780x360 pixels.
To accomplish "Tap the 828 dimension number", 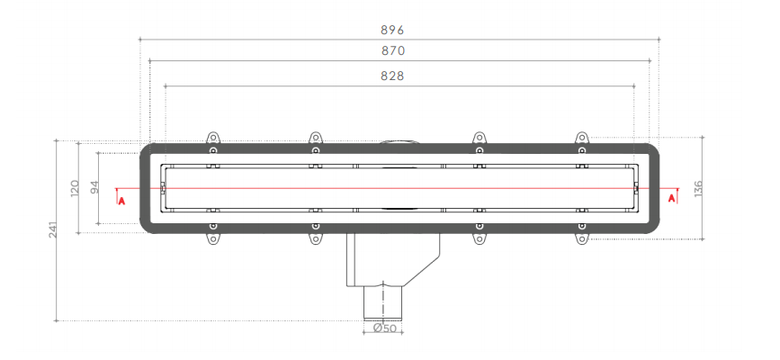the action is [x=391, y=76].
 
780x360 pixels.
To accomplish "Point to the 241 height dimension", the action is [x=54, y=231].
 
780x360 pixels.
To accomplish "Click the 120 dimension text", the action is [x=75, y=187].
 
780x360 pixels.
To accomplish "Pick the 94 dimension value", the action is [x=94, y=187].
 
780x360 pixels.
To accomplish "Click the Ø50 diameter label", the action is [x=385, y=328].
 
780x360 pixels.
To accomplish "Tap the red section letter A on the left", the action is [x=121, y=200].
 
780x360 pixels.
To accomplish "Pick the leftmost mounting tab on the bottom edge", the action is [x=213, y=238].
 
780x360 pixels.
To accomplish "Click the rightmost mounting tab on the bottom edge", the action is [x=582, y=238].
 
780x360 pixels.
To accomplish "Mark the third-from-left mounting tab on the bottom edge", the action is [x=480, y=238].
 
